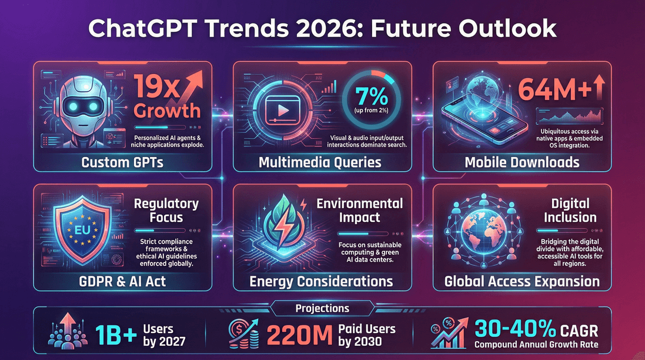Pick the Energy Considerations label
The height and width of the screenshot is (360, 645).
321,281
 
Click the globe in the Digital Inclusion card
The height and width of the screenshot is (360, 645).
481,233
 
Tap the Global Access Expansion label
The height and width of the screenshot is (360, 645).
522,281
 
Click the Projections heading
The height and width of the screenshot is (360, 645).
322,308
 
